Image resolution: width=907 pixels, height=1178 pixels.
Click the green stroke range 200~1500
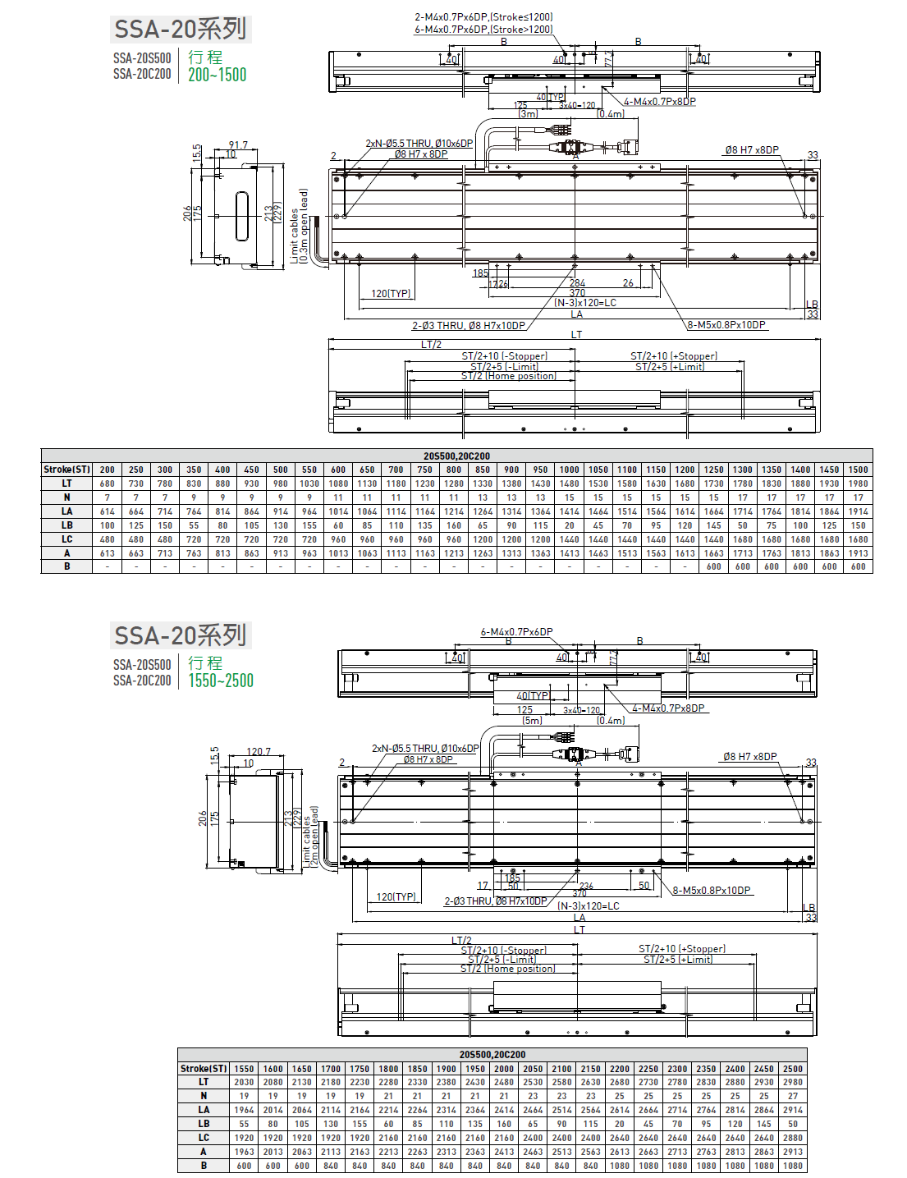coord(217,75)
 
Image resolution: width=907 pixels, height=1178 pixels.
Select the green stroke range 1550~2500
coord(220,681)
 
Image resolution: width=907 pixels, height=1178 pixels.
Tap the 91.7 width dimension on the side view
coord(238,145)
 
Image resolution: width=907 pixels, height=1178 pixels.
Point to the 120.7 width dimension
coord(259,751)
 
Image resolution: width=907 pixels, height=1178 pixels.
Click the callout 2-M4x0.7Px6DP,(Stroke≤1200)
coord(483,17)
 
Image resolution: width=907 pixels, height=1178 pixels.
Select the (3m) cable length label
coord(528,114)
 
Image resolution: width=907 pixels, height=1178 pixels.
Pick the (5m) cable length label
coord(532,721)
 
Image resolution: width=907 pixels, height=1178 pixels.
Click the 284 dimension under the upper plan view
coord(577,283)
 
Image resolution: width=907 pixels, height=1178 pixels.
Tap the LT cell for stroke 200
coord(108,484)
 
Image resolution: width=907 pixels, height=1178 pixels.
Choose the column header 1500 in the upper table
coord(858,470)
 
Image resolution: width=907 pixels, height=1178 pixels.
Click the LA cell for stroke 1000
coord(569,511)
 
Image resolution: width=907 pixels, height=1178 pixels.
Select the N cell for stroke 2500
coord(792,1096)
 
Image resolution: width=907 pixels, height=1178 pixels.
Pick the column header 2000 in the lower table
coord(504,1069)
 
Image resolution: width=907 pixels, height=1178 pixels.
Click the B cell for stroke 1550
coord(244,1166)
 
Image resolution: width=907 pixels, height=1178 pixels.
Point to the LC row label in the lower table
coord(204,1138)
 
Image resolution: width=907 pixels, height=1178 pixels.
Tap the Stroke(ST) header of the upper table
coord(66,470)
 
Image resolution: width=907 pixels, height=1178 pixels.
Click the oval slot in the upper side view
coord(242,217)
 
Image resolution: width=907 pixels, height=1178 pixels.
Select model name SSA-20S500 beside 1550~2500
coord(142,665)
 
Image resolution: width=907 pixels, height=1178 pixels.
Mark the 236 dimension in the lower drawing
coord(586,886)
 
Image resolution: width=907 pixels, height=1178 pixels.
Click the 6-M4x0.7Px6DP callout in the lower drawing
coord(516,632)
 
